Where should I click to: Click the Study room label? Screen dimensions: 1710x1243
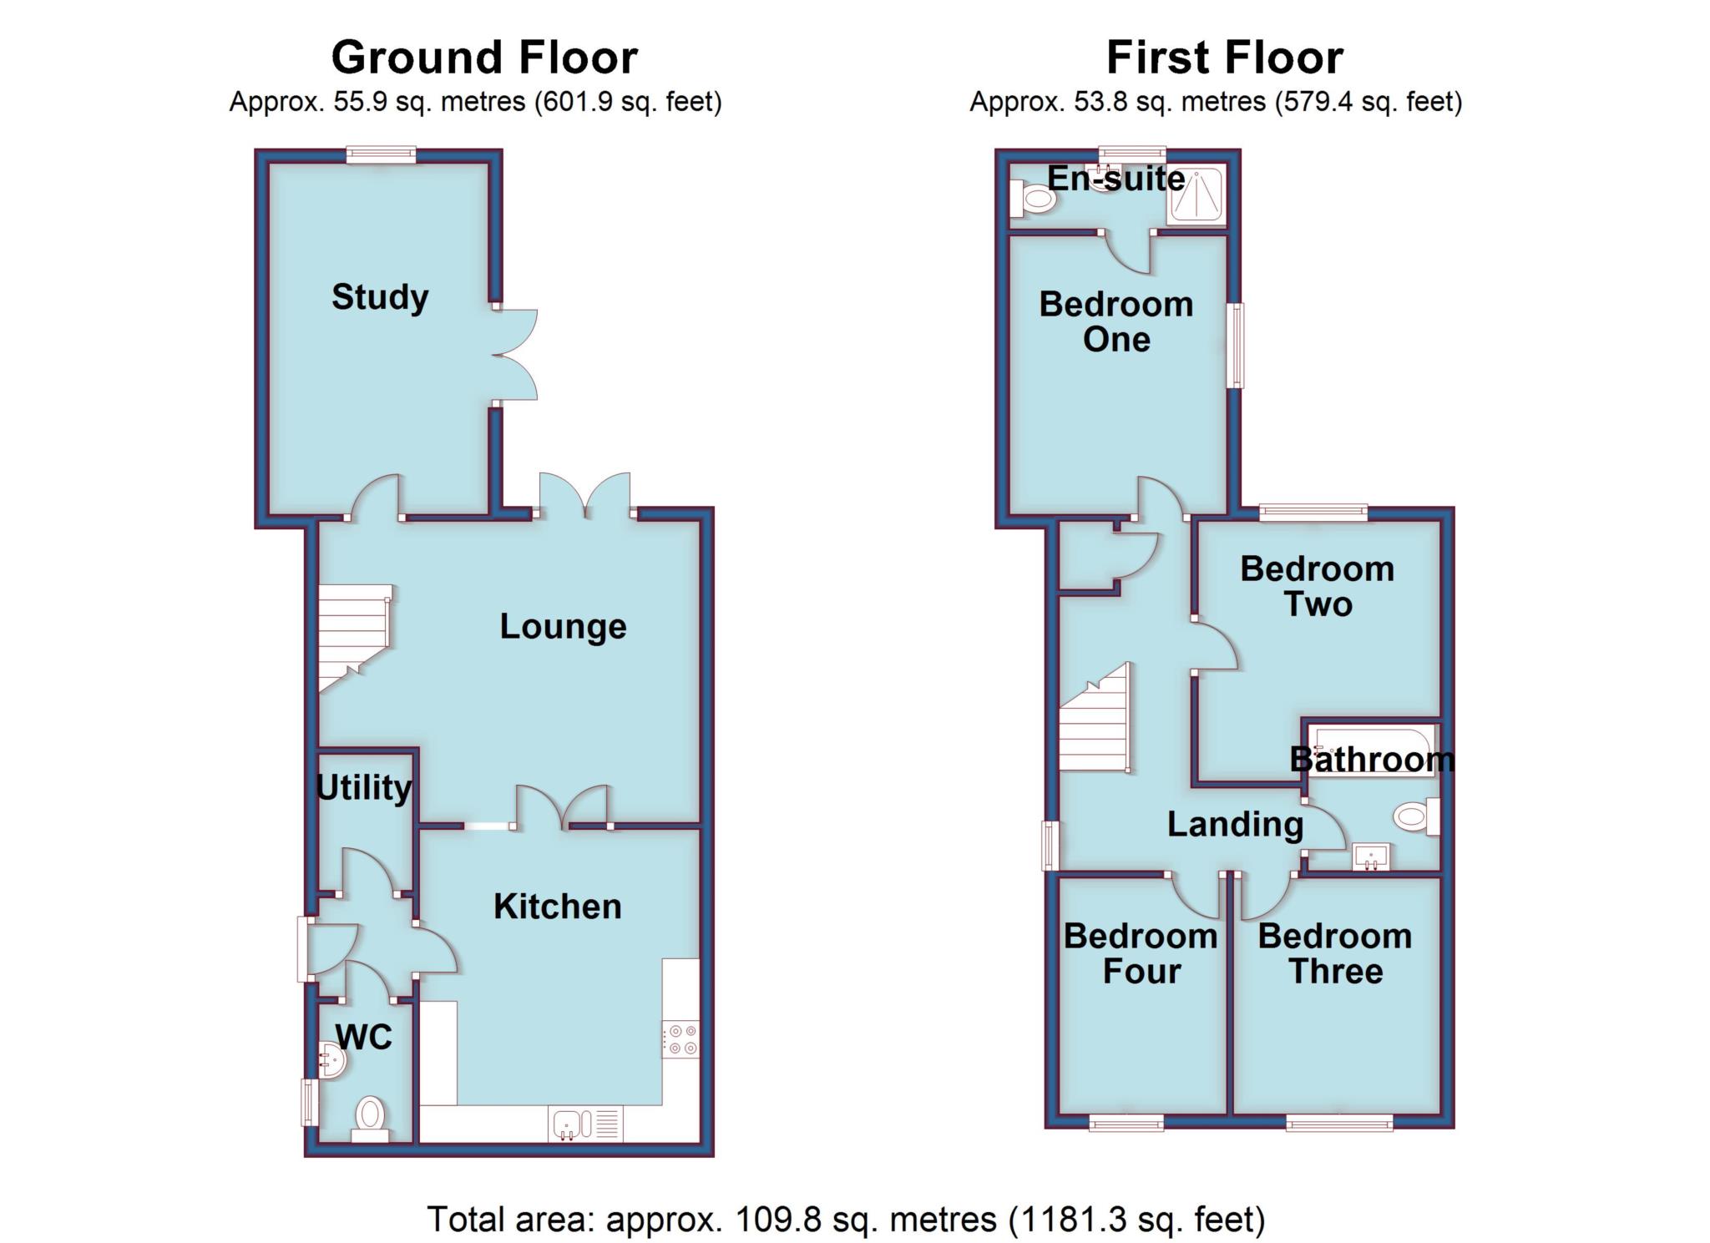coord(380,297)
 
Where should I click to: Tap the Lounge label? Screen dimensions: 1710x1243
coord(563,626)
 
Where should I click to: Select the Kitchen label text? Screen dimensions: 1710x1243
coord(558,907)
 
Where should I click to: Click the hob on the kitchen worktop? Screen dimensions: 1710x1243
coord(680,1039)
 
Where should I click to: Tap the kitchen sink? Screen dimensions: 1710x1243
coord(585,1123)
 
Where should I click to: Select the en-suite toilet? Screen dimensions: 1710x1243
coord(1032,199)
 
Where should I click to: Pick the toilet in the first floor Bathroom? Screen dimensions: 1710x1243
coord(1418,816)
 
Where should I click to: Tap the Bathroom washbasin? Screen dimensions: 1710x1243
coord(1371,856)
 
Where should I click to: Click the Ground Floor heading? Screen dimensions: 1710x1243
coord(484,58)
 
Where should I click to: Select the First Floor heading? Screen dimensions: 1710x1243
coord(1225,58)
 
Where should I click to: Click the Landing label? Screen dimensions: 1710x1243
coord(1235,825)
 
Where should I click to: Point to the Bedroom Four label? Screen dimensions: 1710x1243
coord(1141,953)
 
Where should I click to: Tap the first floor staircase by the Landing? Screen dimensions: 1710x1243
coord(1095,718)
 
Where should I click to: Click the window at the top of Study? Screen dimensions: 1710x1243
coord(381,154)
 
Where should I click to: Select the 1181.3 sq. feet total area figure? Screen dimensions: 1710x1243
coord(1137,1220)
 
